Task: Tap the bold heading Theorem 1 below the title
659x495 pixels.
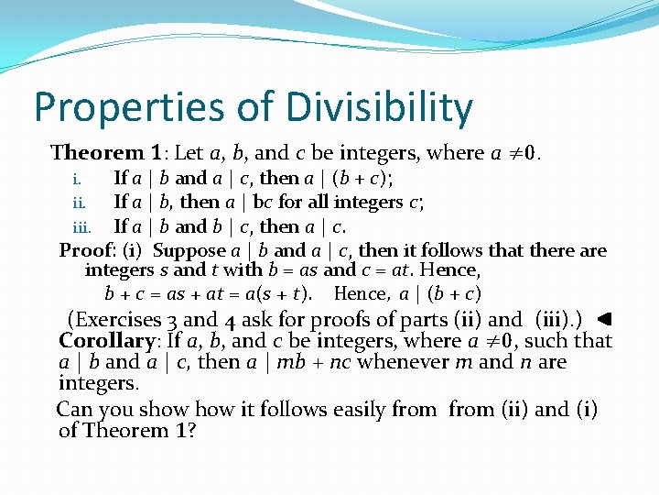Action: pyautogui.click(x=109, y=152)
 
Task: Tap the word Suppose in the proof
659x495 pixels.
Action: pyautogui.click(x=189, y=249)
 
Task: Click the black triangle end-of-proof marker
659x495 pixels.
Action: pyautogui.click(x=602, y=320)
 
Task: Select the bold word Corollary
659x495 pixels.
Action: pyautogui.click(x=107, y=341)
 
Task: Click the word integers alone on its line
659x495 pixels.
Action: pyautogui.click(x=98, y=383)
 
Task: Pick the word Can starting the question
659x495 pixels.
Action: pyautogui.click(x=74, y=409)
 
